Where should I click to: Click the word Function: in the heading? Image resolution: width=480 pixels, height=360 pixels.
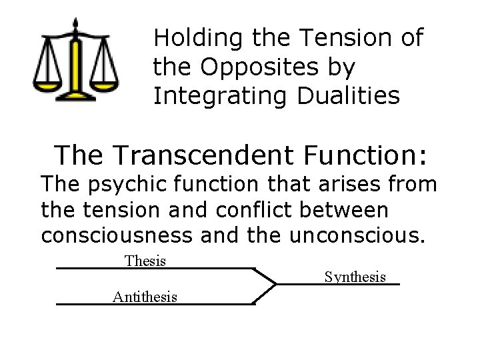364,155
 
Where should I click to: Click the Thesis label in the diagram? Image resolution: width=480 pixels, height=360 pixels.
145,260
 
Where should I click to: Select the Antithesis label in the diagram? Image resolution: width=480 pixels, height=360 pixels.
145,295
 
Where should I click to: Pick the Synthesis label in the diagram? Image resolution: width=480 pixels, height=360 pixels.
355,276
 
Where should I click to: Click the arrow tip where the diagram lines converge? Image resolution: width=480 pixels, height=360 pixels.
275,285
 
